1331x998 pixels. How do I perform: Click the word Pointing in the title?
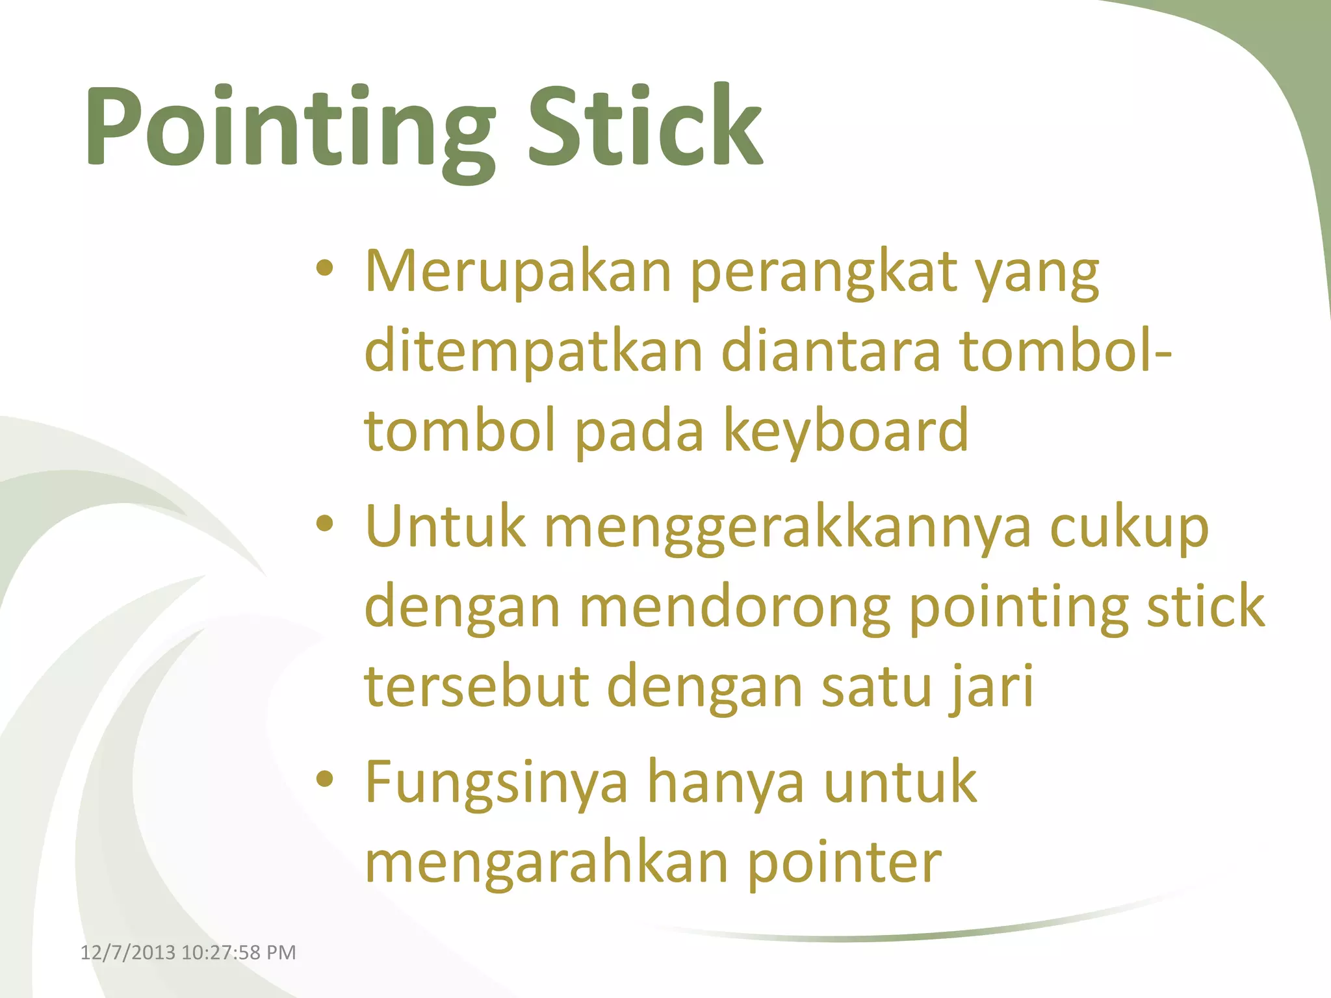coord(289,127)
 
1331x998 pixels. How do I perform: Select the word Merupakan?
coord(518,272)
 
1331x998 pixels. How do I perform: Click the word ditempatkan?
coord(534,352)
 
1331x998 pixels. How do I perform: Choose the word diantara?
coord(831,352)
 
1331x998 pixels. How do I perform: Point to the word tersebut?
coord(476,687)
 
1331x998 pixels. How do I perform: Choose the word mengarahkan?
coord(546,863)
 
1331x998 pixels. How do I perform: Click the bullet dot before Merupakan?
coord(324,268)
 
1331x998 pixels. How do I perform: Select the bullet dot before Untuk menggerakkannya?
coord(324,523)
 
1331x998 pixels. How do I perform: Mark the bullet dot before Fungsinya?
coord(324,778)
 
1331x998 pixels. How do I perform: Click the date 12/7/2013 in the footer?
coord(127,953)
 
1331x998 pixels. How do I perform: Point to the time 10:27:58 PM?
coord(239,953)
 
